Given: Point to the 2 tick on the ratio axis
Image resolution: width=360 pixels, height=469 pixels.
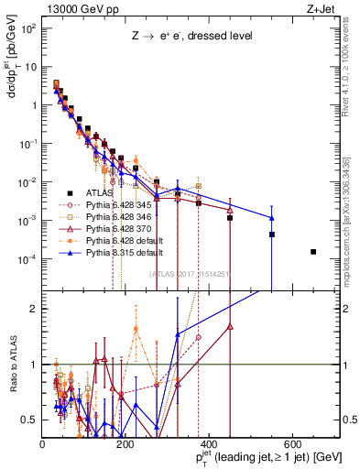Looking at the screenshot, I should tap(36, 309).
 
